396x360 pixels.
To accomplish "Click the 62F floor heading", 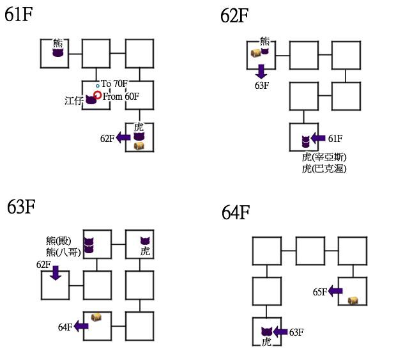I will (x=234, y=15).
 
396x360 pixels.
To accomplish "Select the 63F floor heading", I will (x=22, y=208).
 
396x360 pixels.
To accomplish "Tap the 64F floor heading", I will (x=236, y=212).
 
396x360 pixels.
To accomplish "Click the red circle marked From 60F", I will (x=98, y=95).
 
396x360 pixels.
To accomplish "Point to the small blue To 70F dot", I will (x=98, y=86).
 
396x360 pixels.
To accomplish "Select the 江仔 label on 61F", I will (x=73, y=100).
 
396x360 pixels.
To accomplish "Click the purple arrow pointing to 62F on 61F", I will (x=123, y=137).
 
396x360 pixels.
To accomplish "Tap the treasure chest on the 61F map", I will (x=139, y=146).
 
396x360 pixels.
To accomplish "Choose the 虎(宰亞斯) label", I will (x=326, y=157).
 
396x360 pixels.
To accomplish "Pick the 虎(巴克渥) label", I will (x=324, y=169).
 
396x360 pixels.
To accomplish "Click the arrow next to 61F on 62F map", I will (x=318, y=137).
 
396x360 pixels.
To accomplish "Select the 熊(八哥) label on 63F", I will (x=63, y=252).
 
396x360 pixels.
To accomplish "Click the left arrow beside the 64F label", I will (x=81, y=326).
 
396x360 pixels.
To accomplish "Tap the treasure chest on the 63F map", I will (x=96, y=317).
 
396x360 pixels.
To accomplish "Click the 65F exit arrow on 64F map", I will (x=336, y=292).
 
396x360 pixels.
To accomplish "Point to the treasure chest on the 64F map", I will (x=353, y=300).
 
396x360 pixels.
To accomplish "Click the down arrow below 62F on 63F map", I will (x=55, y=274).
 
